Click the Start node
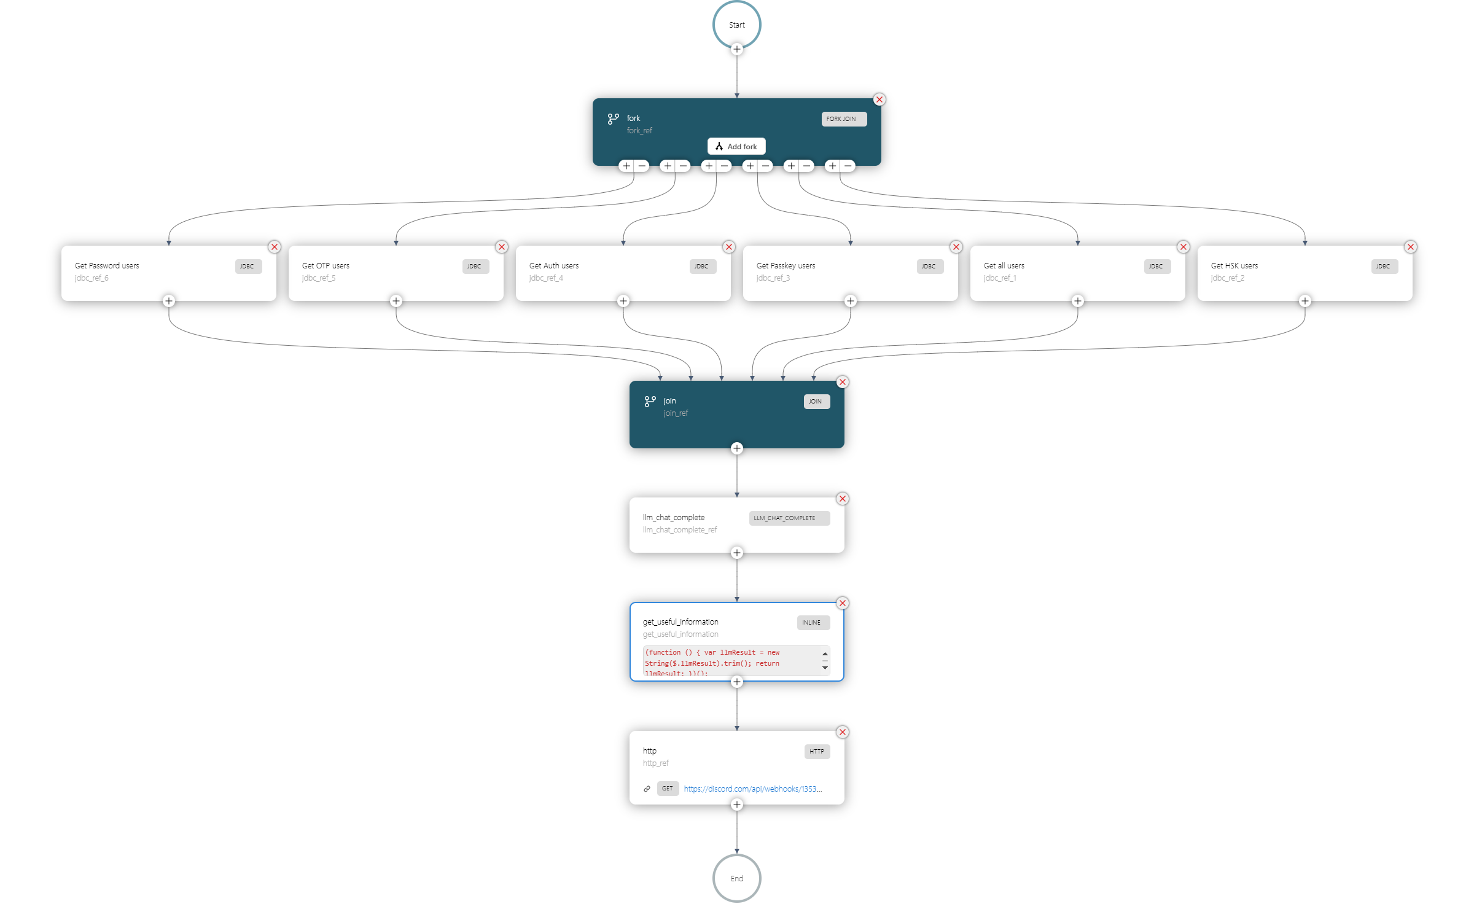coord(736,25)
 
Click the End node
coord(736,878)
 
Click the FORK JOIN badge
coord(844,119)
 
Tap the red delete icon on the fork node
coord(879,99)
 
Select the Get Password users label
coord(107,266)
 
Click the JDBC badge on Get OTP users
coord(475,267)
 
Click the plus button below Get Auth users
coord(623,301)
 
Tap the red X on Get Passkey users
coord(956,247)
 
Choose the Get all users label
coord(1004,266)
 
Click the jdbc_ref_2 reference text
coord(1227,278)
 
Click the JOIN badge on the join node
coord(816,402)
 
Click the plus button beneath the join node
coord(737,448)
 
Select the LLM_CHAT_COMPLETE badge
coord(789,518)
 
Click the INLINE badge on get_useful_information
coord(813,623)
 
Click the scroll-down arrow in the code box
coord(825,668)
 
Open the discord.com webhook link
coord(752,789)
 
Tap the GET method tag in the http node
coord(668,789)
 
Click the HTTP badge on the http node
coord(817,752)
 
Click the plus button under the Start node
coord(737,49)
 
